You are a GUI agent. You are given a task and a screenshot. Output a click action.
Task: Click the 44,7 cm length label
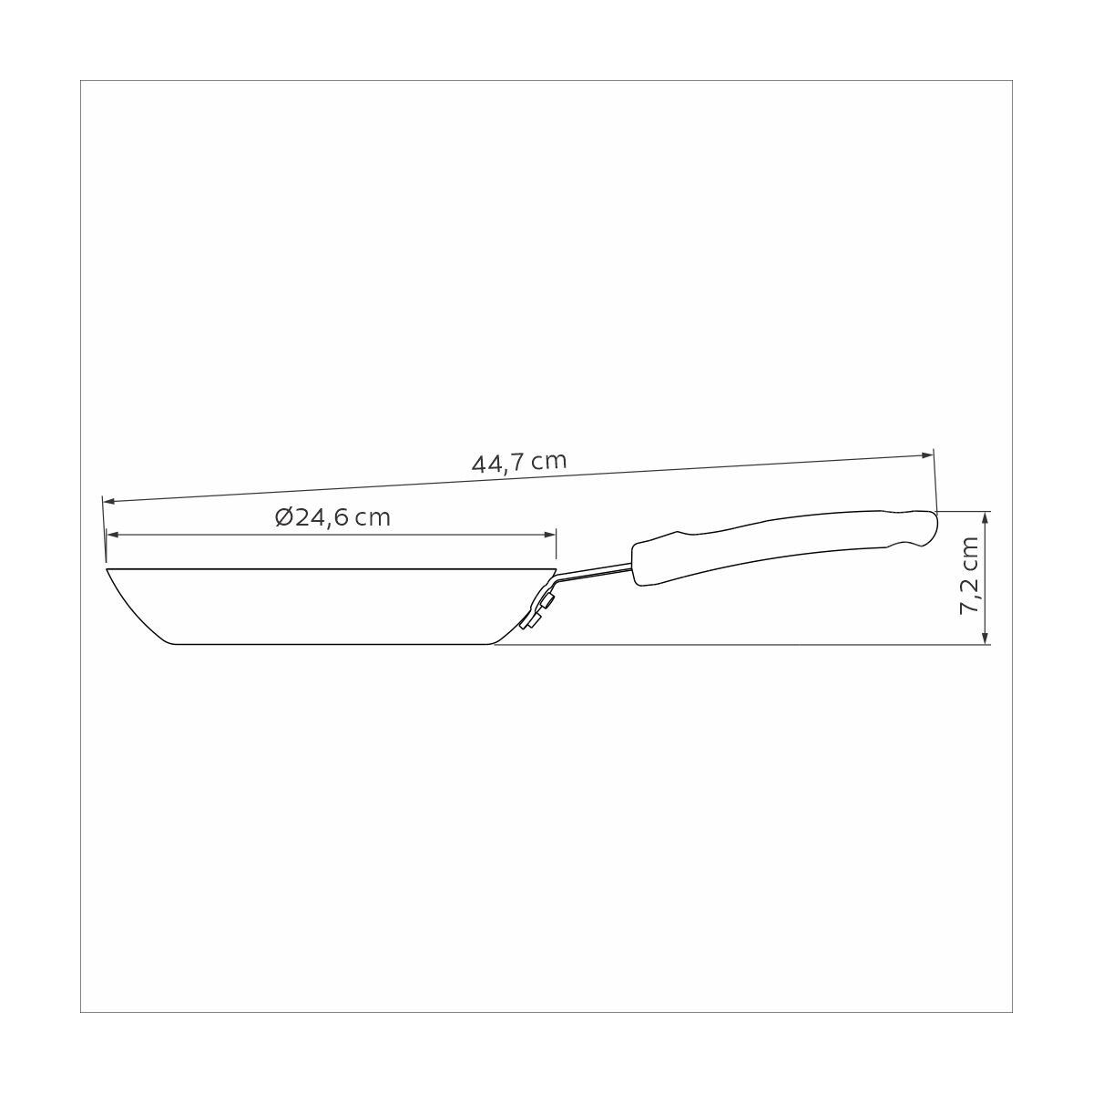coord(519,463)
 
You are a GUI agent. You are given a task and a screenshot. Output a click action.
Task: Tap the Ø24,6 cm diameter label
coord(333,517)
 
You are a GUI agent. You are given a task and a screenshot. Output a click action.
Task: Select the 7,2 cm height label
coord(969,575)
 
